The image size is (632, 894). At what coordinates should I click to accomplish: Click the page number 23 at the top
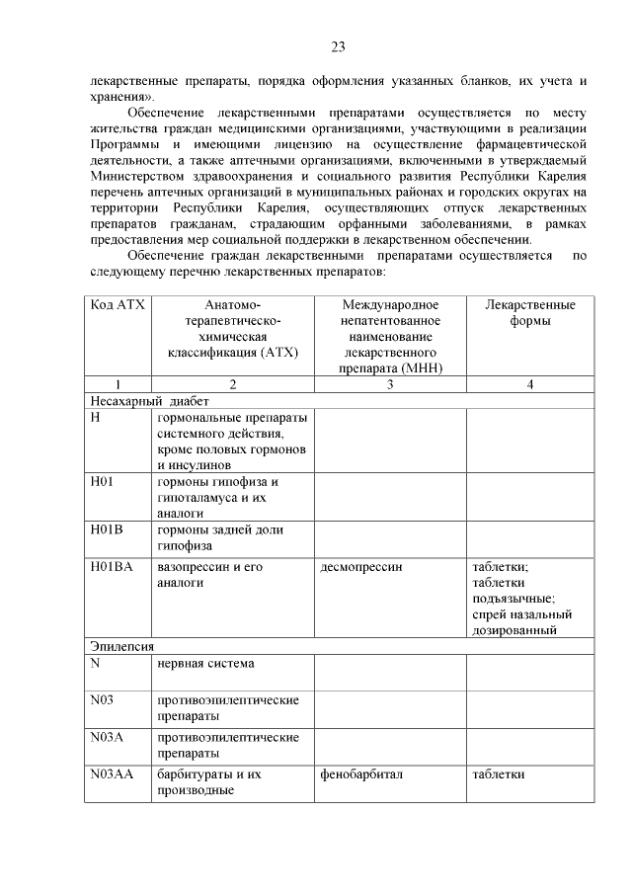pos(338,46)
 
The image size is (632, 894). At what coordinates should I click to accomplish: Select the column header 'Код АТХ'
pos(117,305)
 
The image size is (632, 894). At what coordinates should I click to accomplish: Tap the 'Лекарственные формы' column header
pos(530,313)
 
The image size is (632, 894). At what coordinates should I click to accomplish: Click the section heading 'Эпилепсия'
pos(121,646)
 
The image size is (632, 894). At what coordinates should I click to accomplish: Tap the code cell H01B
pos(108,531)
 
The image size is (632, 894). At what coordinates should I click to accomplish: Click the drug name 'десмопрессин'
pos(361,567)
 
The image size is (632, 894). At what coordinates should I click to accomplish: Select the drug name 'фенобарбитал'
pos(361,773)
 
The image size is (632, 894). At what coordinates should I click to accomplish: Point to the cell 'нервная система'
pos(205,663)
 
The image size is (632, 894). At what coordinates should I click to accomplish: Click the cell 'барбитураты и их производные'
pos(208,781)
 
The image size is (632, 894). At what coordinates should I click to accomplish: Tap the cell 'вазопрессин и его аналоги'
pos(214,575)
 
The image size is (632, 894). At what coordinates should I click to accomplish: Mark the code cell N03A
pos(108,737)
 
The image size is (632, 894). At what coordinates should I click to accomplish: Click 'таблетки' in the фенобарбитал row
pos(498,773)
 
